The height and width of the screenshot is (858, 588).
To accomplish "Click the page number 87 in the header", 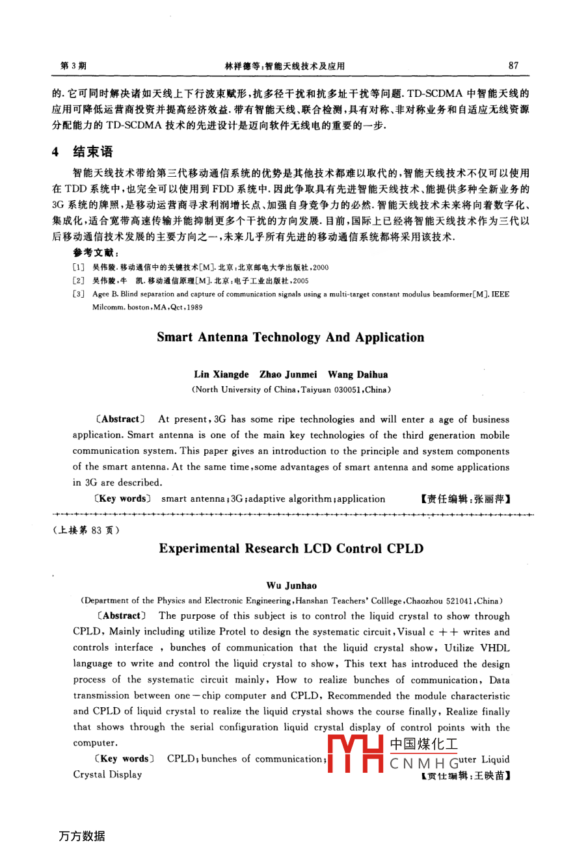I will click(x=514, y=65).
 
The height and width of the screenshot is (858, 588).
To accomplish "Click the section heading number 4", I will click(x=56, y=152).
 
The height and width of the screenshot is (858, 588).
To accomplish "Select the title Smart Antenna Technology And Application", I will click(x=290, y=337).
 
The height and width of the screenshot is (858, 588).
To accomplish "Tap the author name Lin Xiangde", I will click(x=221, y=374).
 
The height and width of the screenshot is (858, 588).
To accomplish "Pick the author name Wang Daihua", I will click(x=358, y=374).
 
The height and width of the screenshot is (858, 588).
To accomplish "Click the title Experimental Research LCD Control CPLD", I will click(x=291, y=549).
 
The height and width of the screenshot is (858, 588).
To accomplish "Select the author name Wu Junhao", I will click(x=291, y=586).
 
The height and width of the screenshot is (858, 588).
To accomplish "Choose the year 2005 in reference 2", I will click(x=300, y=281).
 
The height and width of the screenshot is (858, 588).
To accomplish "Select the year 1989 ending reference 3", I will click(x=193, y=307).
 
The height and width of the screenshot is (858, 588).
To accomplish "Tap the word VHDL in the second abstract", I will click(x=495, y=648).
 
